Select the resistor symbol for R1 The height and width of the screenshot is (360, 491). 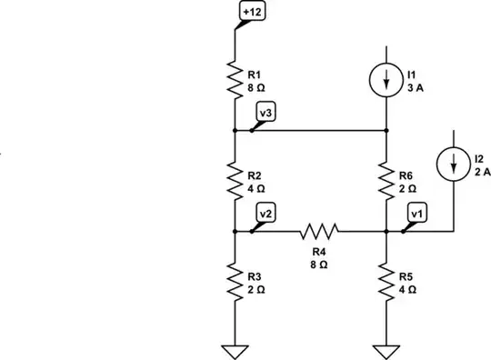pos(235,79)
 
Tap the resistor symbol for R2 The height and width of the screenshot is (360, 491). pos(235,181)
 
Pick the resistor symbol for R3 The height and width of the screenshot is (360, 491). pos(235,282)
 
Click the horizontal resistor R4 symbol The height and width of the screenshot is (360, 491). pos(317,232)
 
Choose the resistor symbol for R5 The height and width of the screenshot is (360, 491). pos(386,282)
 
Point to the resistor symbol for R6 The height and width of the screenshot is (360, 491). pos(386,181)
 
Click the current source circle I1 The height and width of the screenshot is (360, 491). pos(386,80)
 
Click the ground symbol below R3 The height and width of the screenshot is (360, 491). pos(235,350)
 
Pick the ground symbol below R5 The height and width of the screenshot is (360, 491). pos(386,350)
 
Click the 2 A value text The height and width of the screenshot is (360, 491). pos(482,170)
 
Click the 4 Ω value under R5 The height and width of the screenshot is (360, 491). pos(408,289)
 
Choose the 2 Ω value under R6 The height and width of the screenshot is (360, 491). pos(408,188)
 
